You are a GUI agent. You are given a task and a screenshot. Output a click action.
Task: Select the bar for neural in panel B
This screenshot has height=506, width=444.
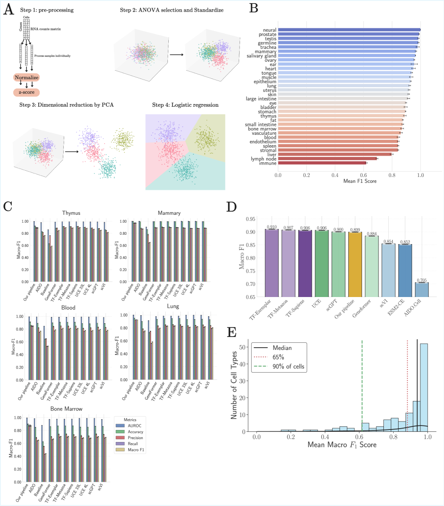[x=349, y=30]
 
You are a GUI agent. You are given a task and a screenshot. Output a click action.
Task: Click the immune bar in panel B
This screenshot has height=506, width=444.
[x=322, y=163]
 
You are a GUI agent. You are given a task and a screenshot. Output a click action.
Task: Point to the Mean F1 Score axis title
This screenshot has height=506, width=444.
[x=350, y=181]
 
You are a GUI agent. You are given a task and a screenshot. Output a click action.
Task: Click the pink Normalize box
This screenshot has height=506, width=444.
[x=26, y=77]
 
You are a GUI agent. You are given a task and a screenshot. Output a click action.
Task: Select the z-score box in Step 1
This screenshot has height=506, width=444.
[x=26, y=92]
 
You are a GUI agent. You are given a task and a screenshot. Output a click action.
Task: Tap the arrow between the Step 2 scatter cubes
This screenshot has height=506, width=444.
[x=177, y=55]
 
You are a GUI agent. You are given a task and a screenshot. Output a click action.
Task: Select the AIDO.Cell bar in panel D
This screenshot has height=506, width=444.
[x=422, y=289]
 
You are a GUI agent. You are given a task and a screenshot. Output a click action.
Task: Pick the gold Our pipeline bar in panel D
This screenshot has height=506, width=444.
[x=354, y=264]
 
